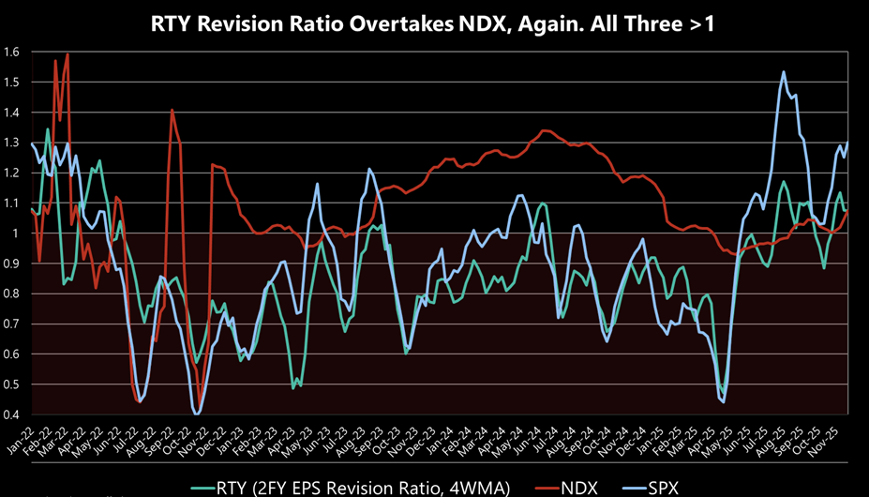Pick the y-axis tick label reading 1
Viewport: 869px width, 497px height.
coord(17,233)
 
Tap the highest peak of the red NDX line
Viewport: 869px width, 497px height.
coord(67,54)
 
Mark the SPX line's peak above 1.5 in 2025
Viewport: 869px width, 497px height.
coord(783,72)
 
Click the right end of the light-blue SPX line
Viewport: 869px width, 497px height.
coord(848,143)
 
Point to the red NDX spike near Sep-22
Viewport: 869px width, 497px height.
coord(172,111)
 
